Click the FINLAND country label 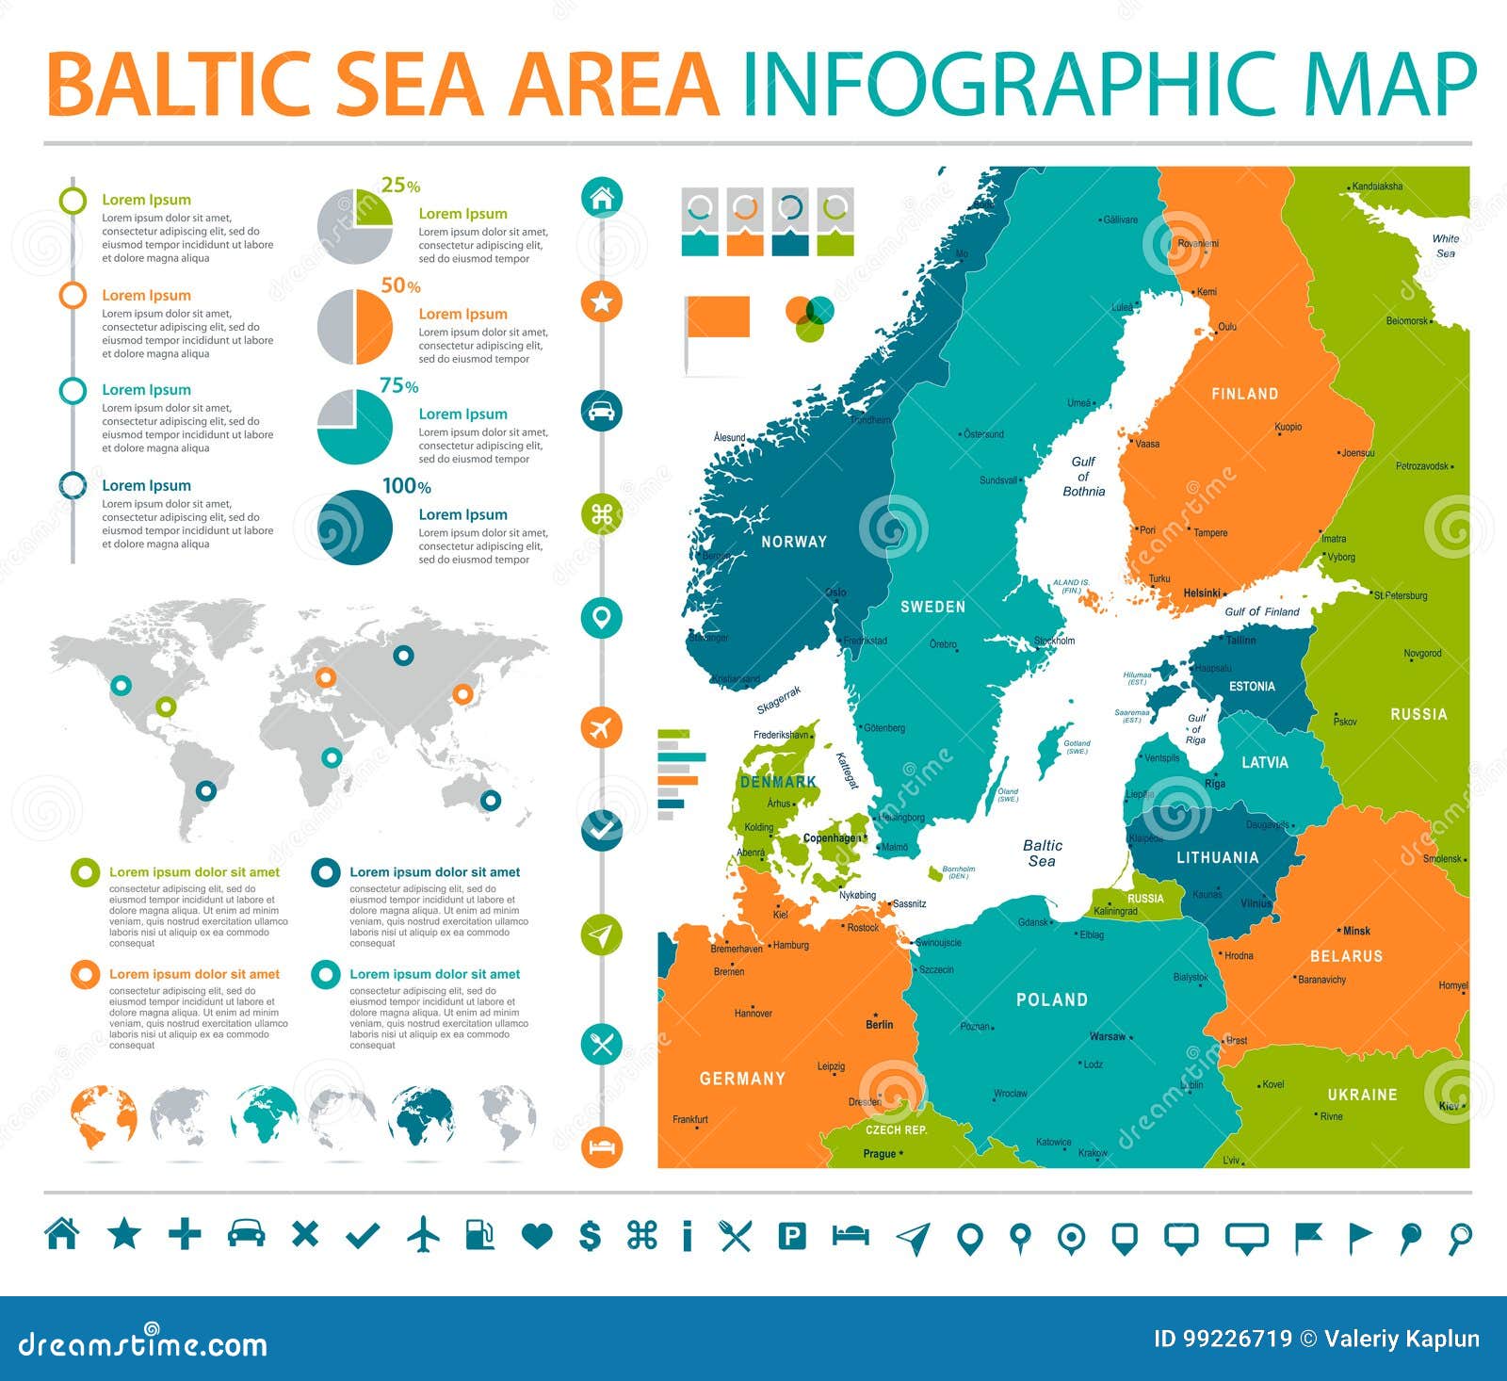point(1244,394)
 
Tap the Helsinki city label point(1202,593)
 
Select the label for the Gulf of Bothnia point(1083,476)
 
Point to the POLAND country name point(1051,999)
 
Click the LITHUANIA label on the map point(1217,857)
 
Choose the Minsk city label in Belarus point(1356,931)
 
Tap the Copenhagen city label point(831,837)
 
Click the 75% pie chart point(355,427)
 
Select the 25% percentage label point(400,186)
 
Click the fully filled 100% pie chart point(355,528)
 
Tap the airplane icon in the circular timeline point(602,728)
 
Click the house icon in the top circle point(602,198)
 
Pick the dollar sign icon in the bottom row point(590,1234)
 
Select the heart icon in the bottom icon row point(537,1235)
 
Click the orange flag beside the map point(718,317)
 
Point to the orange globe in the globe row point(104,1118)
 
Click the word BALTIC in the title point(179,85)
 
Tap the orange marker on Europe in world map point(325,676)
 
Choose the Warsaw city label point(1108,1036)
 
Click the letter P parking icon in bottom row point(792,1235)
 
